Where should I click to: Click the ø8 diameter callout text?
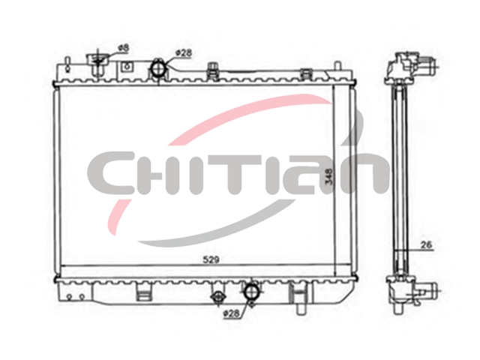point(124,48)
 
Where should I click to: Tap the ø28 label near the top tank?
point(184,53)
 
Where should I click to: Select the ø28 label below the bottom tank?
point(232,313)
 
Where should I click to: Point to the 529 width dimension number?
point(211,260)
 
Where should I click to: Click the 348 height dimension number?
point(329,177)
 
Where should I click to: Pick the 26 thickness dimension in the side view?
point(426,245)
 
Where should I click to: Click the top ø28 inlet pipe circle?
point(158,68)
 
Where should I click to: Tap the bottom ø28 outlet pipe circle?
point(251,291)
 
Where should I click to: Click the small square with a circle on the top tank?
point(127,67)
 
